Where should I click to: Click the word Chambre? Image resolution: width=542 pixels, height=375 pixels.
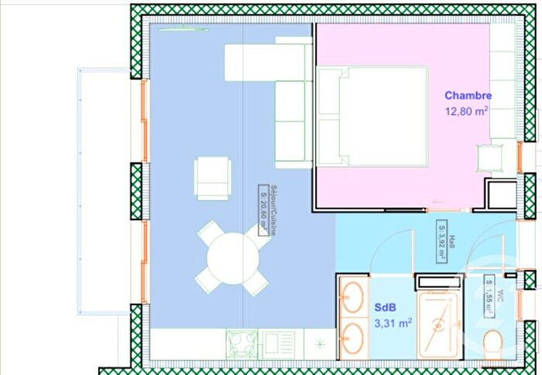pos(468,96)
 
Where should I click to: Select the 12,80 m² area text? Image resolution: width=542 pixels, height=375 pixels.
pos(466,111)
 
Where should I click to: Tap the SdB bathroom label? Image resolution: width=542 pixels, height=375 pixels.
pos(386,308)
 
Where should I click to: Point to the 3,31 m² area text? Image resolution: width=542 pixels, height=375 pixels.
pos(393,323)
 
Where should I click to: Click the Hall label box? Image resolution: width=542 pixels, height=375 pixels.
pos(442,241)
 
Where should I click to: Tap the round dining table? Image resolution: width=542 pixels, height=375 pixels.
pos(230,259)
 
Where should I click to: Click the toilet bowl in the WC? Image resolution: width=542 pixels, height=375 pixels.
pos(492,343)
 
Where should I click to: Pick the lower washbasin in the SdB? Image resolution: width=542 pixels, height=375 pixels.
pos(352,337)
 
